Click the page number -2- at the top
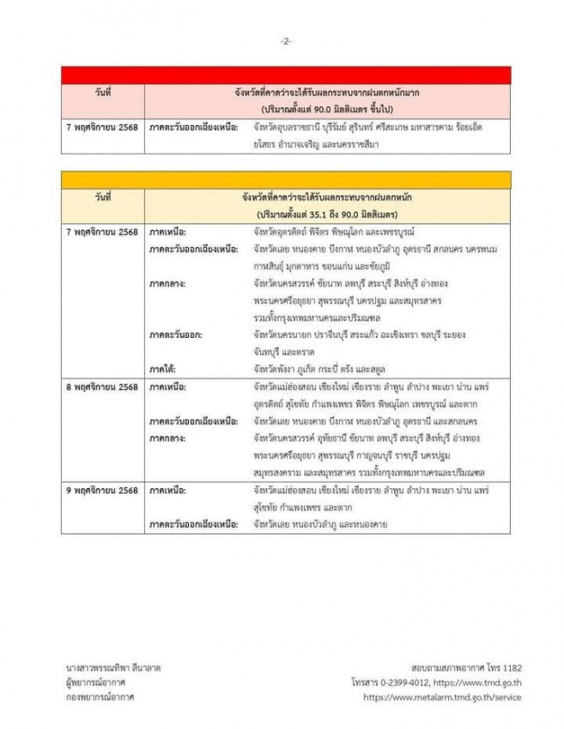(286, 40)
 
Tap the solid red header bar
(286, 75)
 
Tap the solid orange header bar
(286, 179)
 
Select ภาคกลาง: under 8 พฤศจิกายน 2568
(167, 437)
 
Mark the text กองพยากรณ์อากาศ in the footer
(97, 698)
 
